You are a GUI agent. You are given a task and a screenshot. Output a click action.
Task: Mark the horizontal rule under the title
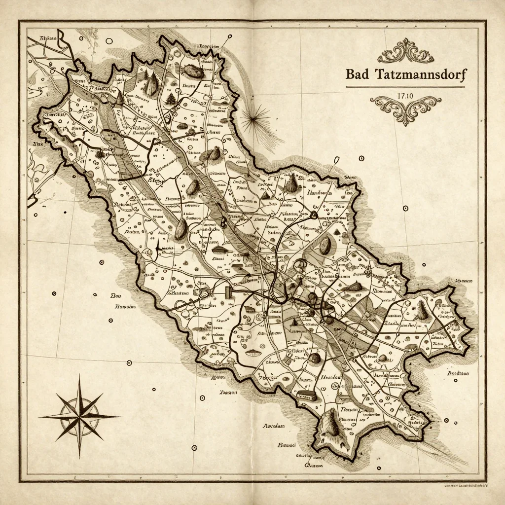point(405,87)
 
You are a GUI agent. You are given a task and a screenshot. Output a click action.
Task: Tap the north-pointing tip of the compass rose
point(79,376)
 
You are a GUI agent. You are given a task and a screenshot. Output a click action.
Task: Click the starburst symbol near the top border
point(255,118)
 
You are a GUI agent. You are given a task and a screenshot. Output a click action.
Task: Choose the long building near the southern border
point(307,396)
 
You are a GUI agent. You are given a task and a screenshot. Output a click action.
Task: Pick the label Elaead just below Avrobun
point(287,445)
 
